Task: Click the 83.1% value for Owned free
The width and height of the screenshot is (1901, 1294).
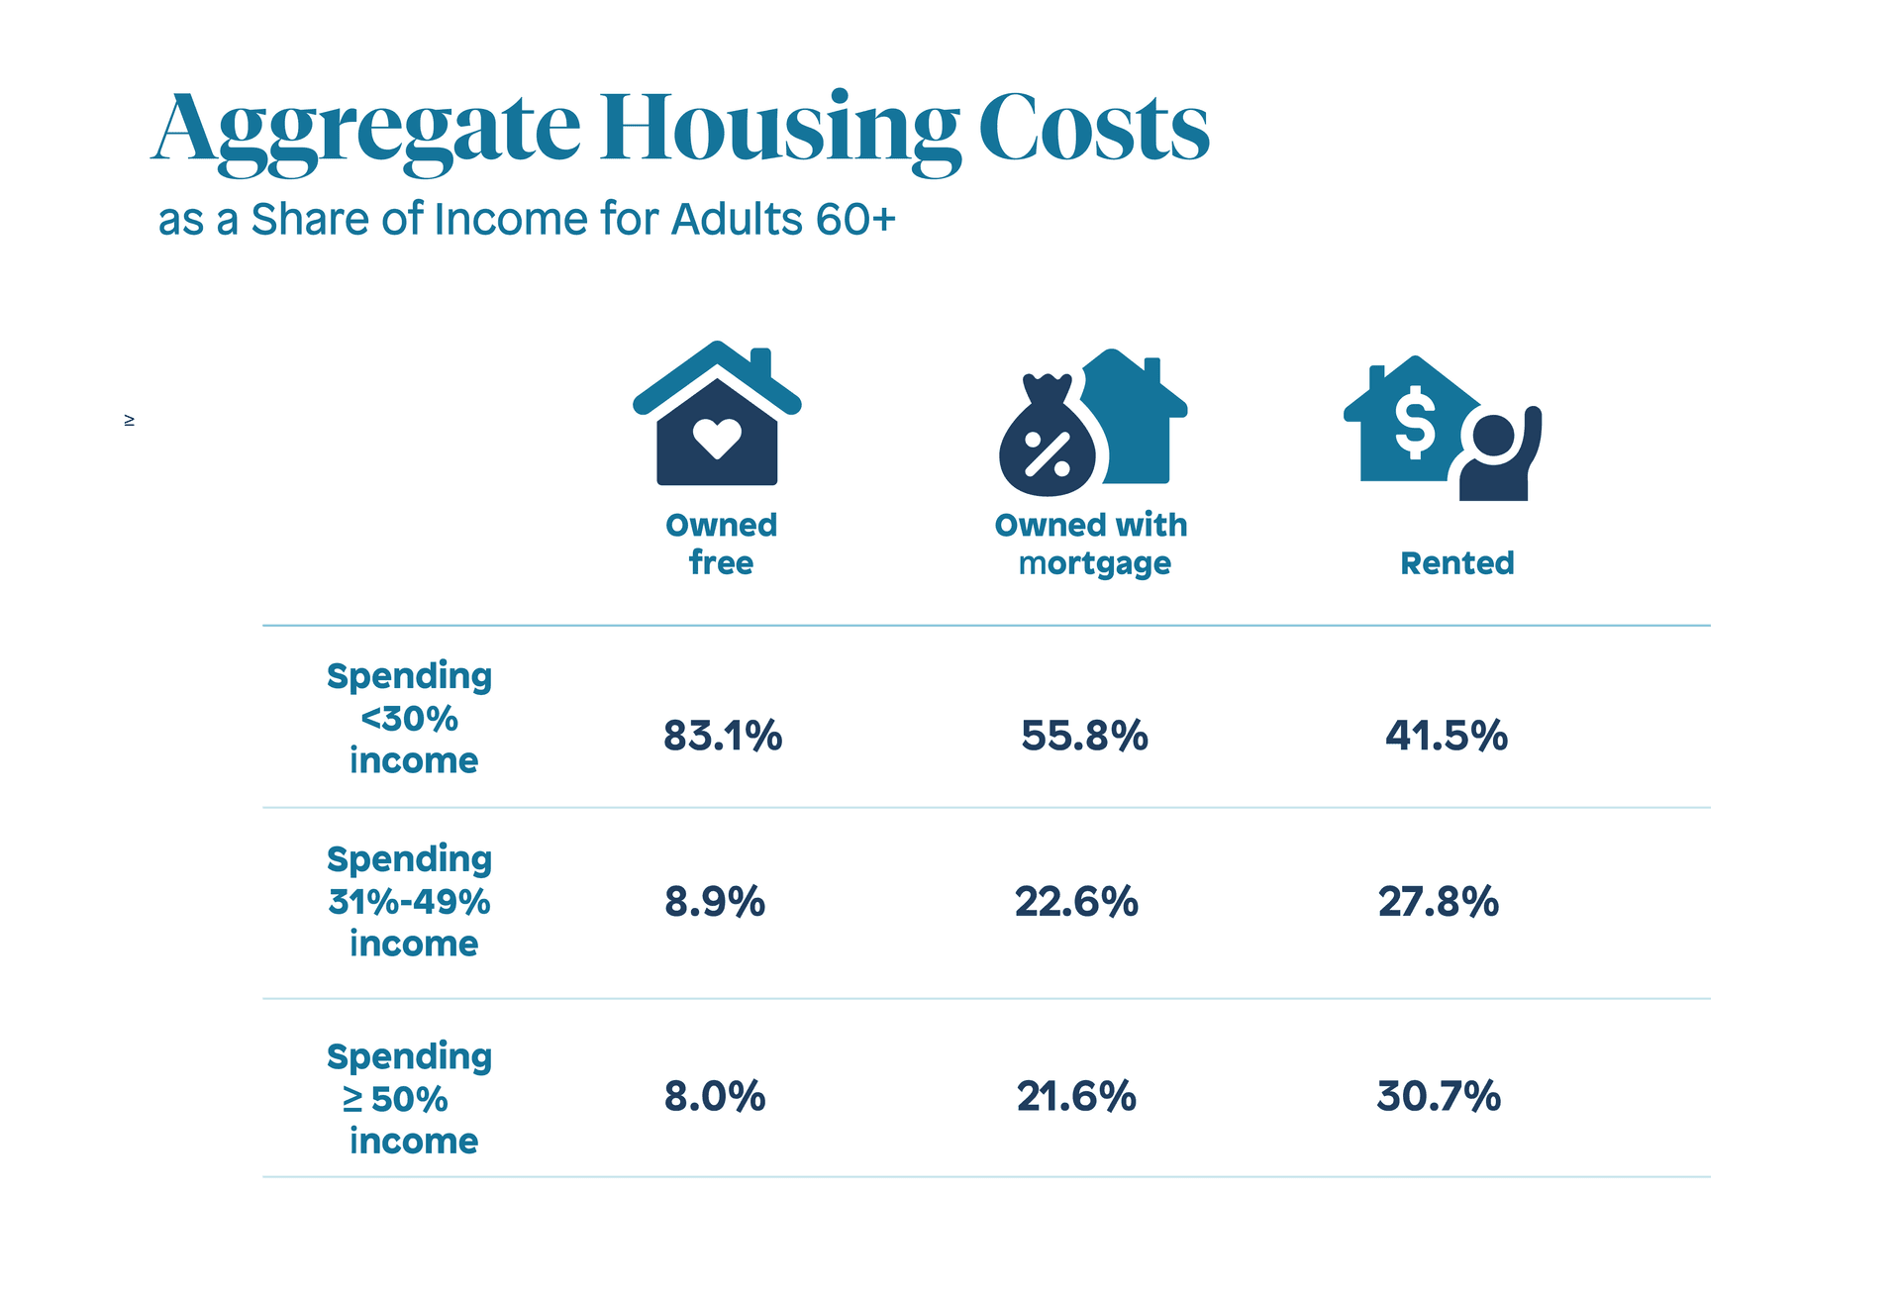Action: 723,736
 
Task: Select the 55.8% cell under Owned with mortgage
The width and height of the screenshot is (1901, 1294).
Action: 1084,736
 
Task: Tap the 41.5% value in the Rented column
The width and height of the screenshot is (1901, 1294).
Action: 1446,736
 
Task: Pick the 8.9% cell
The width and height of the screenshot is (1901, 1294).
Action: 715,902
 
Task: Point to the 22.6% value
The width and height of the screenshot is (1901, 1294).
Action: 1076,902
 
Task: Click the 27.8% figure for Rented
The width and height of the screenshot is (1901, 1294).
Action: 1438,902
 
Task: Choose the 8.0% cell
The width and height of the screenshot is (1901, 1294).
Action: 715,1097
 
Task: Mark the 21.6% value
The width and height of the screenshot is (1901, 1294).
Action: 1076,1097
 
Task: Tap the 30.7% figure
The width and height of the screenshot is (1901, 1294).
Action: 1438,1097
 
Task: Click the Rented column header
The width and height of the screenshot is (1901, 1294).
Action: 1456,563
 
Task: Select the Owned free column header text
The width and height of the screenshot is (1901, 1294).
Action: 721,544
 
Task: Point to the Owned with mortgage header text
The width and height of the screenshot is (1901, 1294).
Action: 1091,544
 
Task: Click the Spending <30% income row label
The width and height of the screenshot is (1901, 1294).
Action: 410,718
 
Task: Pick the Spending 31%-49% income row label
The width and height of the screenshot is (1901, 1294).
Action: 410,901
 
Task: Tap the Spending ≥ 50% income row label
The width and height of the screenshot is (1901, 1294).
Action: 410,1098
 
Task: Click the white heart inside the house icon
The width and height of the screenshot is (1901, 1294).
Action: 717,437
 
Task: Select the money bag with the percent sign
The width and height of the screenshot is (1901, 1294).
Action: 1048,443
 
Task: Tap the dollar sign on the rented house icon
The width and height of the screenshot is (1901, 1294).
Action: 1414,422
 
